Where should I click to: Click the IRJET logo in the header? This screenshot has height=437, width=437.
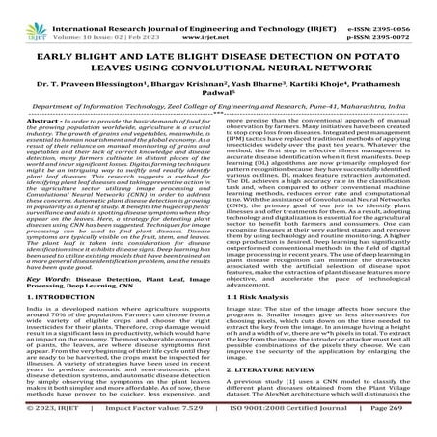20,16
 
